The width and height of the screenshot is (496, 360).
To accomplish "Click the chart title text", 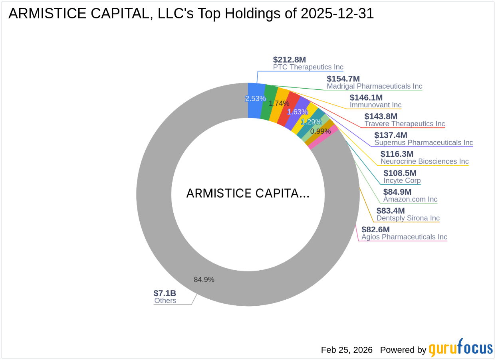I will (x=191, y=14).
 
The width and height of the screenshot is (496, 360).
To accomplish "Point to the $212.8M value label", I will (x=286, y=59).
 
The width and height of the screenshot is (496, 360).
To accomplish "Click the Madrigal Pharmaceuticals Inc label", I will (x=374, y=86).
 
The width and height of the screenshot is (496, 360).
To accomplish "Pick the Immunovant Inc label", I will (x=375, y=105).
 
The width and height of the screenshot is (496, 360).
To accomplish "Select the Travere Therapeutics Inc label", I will (x=405, y=124).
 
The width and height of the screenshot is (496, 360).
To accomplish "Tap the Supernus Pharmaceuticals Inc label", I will (x=423, y=142).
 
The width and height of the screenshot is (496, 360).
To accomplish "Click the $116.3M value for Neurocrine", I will (x=397, y=154).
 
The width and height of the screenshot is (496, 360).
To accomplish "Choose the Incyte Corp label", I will (x=402, y=180).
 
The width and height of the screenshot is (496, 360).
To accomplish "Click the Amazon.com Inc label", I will (x=410, y=199).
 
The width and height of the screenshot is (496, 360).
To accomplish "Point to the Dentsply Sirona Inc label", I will (x=408, y=218).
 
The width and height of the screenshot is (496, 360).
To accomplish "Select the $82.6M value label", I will (x=375, y=229).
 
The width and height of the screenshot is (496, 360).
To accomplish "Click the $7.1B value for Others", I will (x=165, y=293).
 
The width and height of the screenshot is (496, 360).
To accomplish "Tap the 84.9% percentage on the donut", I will (x=204, y=280).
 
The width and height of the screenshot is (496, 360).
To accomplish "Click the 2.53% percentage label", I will (x=255, y=99).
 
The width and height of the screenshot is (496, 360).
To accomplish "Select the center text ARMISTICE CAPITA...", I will (x=248, y=194).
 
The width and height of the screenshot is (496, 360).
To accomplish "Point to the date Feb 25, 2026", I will (x=347, y=350).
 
